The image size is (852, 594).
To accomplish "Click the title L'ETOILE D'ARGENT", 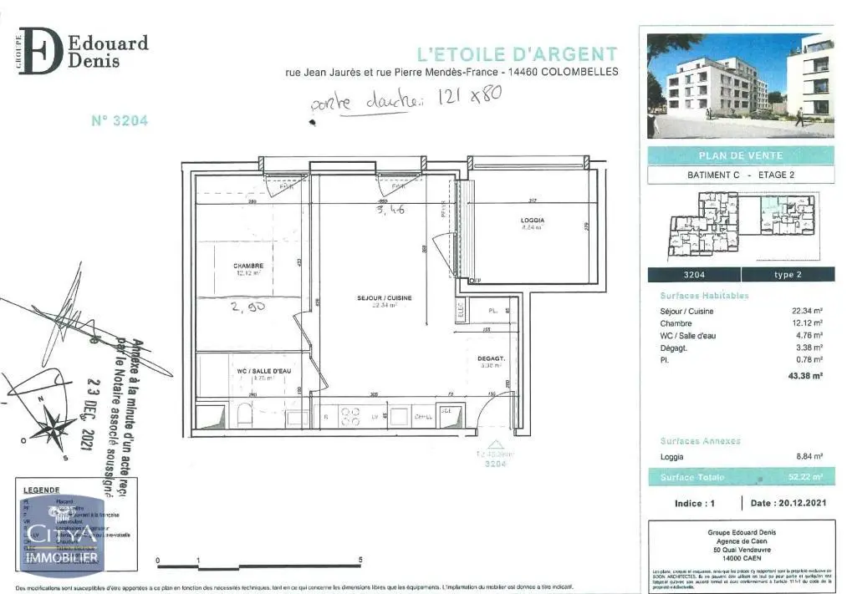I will [517, 54].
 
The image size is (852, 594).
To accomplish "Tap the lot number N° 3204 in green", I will [120, 120].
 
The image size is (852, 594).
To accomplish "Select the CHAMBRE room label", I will [247, 267].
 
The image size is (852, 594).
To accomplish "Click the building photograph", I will [740, 85].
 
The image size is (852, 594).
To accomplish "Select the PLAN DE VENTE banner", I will [740, 155].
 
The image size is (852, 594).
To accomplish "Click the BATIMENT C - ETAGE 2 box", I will [740, 175].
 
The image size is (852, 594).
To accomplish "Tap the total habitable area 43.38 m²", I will [805, 376].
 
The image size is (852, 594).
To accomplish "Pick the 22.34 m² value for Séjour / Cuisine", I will [805, 311].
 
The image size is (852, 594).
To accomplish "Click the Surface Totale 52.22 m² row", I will [740, 477].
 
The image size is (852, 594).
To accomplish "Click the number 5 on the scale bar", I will [360, 561].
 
